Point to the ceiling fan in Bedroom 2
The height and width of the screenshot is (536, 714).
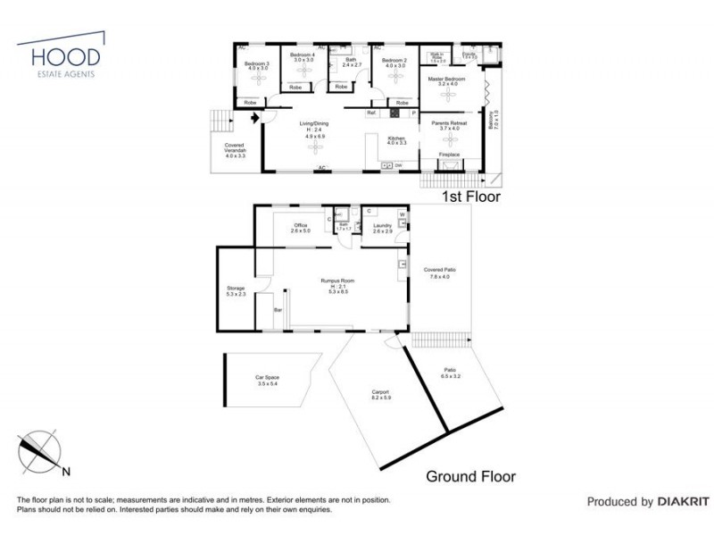pos(394,78)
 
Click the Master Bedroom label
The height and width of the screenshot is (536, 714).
pos(447,81)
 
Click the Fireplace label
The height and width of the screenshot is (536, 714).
pos(450,155)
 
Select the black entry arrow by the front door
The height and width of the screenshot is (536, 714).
pos(255,115)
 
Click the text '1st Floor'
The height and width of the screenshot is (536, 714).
pos(472,196)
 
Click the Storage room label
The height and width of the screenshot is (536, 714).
pos(236,289)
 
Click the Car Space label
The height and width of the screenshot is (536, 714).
pos(268,379)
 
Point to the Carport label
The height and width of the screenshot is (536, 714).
pos(381,393)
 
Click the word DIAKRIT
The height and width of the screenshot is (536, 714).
pos(683,502)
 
